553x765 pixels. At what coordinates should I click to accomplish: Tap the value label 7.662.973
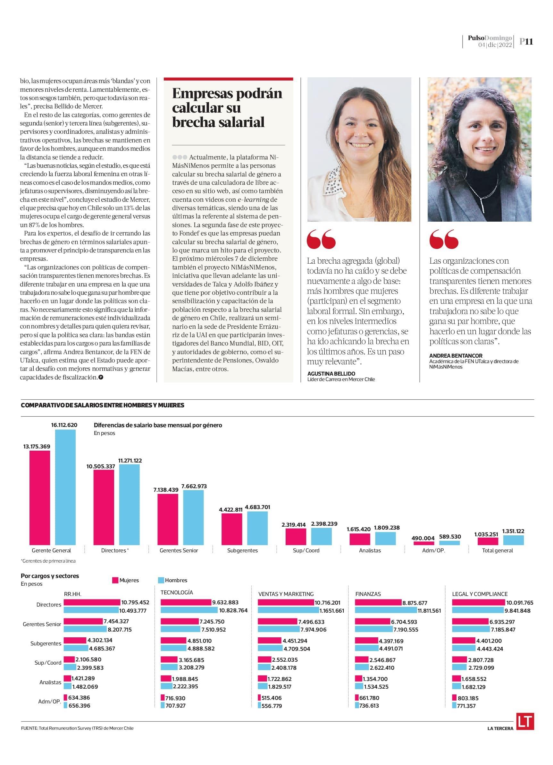pos(194,486)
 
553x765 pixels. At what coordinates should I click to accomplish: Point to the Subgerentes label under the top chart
pos(242,550)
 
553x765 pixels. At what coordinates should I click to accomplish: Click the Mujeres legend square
pos(115,580)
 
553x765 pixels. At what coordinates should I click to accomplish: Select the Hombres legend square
pos(161,580)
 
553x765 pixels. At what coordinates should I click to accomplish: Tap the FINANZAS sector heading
pos(368,594)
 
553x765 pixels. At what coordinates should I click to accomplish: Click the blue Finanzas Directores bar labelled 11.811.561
pos(386,610)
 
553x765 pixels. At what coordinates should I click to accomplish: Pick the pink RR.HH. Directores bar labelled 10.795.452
pos(92,602)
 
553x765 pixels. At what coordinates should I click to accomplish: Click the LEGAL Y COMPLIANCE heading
pos(480,594)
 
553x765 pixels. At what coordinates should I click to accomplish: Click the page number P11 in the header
pos(526,41)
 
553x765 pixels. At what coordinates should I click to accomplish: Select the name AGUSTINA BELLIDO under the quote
pos(331,373)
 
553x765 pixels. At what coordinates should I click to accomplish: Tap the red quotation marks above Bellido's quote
pos(321,239)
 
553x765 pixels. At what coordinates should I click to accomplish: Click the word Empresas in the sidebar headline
pos(201,93)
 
